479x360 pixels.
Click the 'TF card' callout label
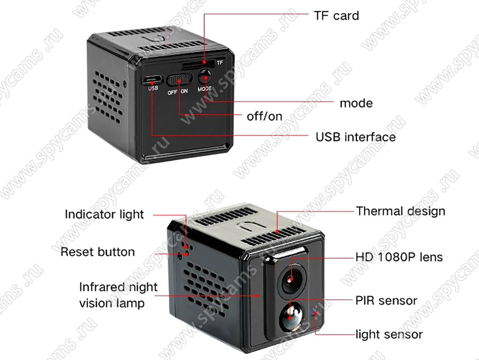point(336,16)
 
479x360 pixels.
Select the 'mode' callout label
point(356,103)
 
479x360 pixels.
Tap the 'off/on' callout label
point(264,116)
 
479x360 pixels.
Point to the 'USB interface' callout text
point(355,137)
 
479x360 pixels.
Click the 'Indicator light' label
point(104,214)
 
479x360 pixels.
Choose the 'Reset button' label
point(97,252)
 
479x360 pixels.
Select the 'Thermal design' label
point(400,211)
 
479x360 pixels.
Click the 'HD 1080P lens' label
point(399,257)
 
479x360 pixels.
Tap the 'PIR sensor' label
point(386,301)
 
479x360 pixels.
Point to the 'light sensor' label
point(389,334)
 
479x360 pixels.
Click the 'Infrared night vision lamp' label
point(118,295)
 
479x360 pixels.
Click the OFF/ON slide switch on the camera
point(179,79)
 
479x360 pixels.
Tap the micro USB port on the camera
point(152,80)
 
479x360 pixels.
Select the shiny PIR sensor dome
point(290,317)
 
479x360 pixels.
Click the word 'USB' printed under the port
point(153,88)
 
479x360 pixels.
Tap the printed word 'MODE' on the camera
point(205,89)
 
